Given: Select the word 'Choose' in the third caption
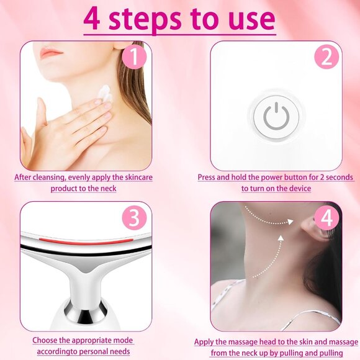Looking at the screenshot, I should (47, 340).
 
